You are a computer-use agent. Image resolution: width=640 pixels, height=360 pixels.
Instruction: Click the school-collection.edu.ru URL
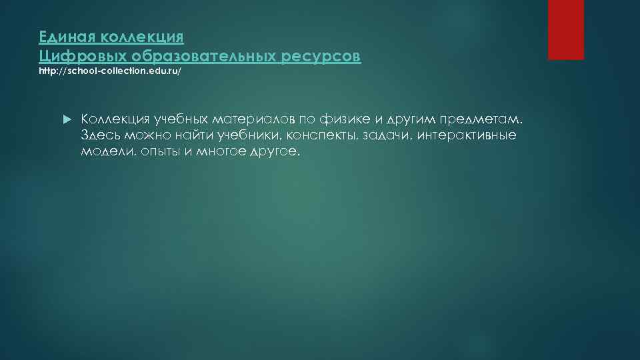(109, 72)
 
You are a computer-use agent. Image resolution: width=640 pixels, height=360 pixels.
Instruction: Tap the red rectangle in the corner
(566, 29)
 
